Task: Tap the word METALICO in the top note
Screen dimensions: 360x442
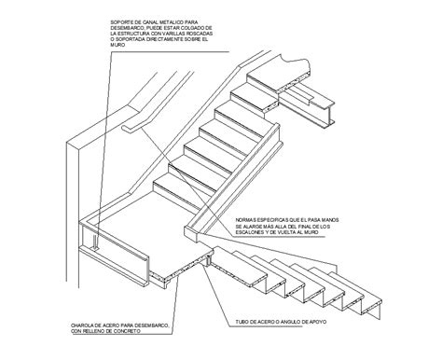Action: coord(192,19)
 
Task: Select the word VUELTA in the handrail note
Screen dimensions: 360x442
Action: coord(301,236)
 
